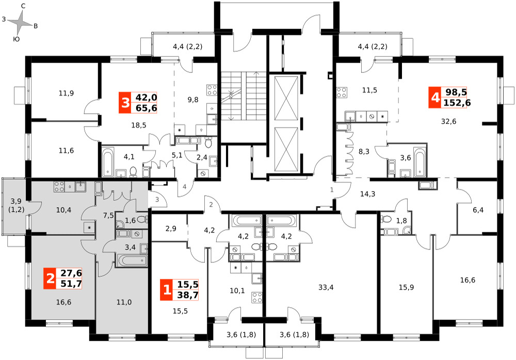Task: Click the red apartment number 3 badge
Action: pos(125,103)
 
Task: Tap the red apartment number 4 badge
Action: pos(434,98)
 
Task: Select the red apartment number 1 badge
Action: pos(167,290)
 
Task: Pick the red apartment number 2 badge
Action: pos(50,278)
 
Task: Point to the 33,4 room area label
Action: pos(326,287)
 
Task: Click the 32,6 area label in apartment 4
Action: pos(448,121)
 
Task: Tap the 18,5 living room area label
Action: pos(138,125)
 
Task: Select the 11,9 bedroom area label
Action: pos(66,93)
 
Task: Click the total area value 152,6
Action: pos(457,103)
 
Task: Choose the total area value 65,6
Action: pos(146,108)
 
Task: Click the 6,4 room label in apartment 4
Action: pos(478,210)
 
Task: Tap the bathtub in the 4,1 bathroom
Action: pos(108,162)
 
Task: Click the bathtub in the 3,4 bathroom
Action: pos(131,261)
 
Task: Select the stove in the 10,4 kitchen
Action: pos(59,187)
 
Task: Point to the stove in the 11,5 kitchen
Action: pos(342,92)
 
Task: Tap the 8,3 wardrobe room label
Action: pos(364,151)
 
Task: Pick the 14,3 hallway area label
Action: pos(367,194)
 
